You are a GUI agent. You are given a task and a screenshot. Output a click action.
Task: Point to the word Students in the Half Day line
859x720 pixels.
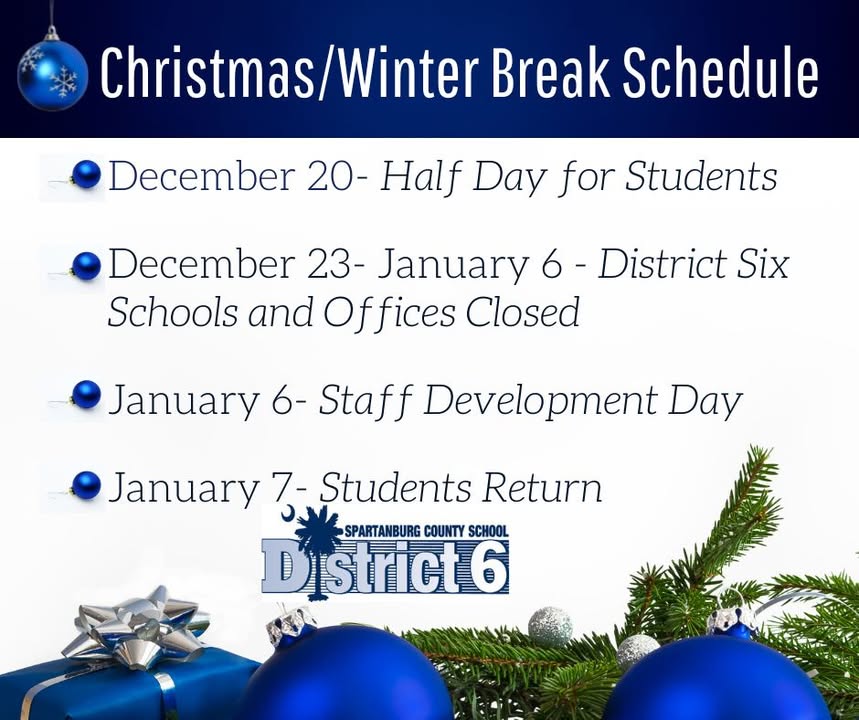[x=701, y=176]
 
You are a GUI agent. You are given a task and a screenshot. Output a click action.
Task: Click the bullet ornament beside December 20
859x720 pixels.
[x=86, y=175]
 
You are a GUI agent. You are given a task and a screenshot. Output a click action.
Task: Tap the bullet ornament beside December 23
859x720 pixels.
[x=86, y=266]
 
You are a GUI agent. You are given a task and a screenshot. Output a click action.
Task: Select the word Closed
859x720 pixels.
[x=523, y=312]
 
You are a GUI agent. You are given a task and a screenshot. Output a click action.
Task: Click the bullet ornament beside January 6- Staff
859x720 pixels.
[x=86, y=396]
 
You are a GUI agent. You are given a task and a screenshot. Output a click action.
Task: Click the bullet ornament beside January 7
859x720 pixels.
[x=86, y=485]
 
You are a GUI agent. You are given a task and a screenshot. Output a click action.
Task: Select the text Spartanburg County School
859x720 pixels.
[x=426, y=531]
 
